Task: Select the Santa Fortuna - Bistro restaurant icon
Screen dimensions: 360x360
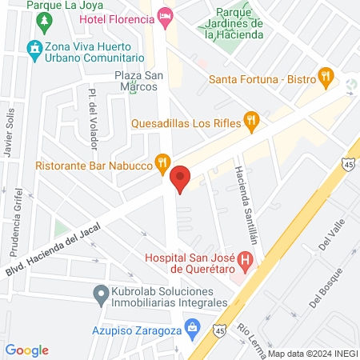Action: coord(324,78)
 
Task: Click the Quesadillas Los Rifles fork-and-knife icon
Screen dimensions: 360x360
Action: coord(251,122)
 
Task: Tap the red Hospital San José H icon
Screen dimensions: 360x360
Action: coord(246,261)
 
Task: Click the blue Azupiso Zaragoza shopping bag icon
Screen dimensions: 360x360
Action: coord(191,327)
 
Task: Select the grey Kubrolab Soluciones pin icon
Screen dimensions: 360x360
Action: coord(101,297)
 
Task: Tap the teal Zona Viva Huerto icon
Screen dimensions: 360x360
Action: coord(34,49)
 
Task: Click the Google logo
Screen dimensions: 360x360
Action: coord(26,350)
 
